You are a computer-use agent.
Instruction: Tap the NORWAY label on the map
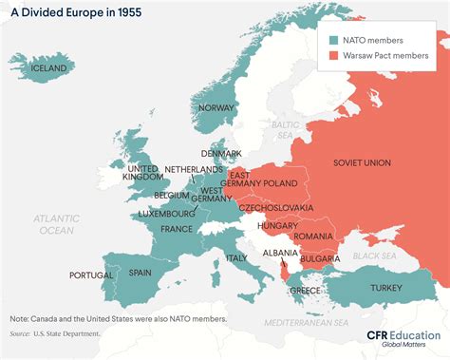pos(216,107)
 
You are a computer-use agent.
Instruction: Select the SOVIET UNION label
pos(361,162)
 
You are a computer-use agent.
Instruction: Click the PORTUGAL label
pos(91,275)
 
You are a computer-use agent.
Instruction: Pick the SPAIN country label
pos(141,273)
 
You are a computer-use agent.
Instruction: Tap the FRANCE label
pos(177,229)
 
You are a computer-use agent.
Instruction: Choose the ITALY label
pos(235,257)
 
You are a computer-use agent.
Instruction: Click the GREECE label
pos(304,290)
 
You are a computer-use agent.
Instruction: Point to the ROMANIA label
pos(314,236)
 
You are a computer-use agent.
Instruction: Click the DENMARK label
pos(220,153)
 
